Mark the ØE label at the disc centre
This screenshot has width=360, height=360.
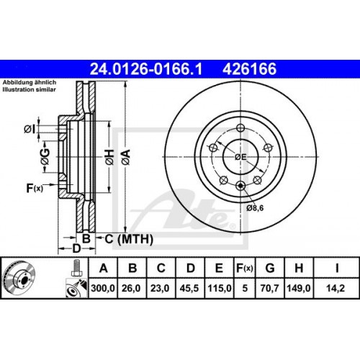240,158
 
